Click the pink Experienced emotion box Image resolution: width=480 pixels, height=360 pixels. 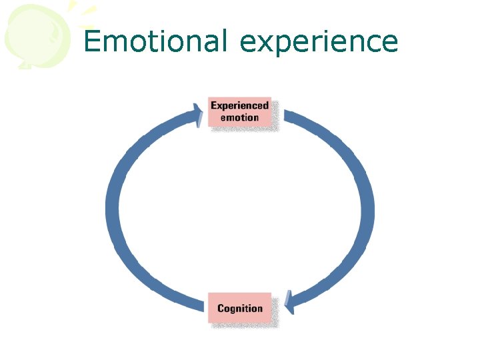(x=240, y=111)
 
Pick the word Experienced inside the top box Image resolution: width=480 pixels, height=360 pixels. (x=240, y=105)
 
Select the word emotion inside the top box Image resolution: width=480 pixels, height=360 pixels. (x=240, y=118)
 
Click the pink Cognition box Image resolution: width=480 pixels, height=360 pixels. (x=240, y=308)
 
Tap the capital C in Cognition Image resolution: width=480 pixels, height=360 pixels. (x=221, y=308)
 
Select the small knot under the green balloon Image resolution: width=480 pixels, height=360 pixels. (x=25, y=65)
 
